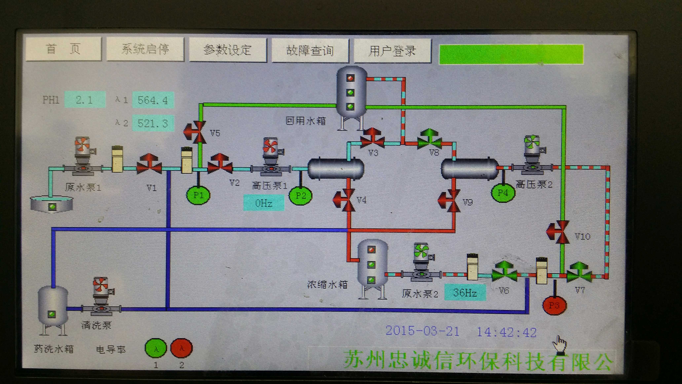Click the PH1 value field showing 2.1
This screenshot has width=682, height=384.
(x=85, y=100)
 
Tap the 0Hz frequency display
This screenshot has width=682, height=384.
(x=264, y=203)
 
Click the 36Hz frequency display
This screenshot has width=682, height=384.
(x=465, y=292)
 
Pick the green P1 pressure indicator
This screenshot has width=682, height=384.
(x=198, y=195)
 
